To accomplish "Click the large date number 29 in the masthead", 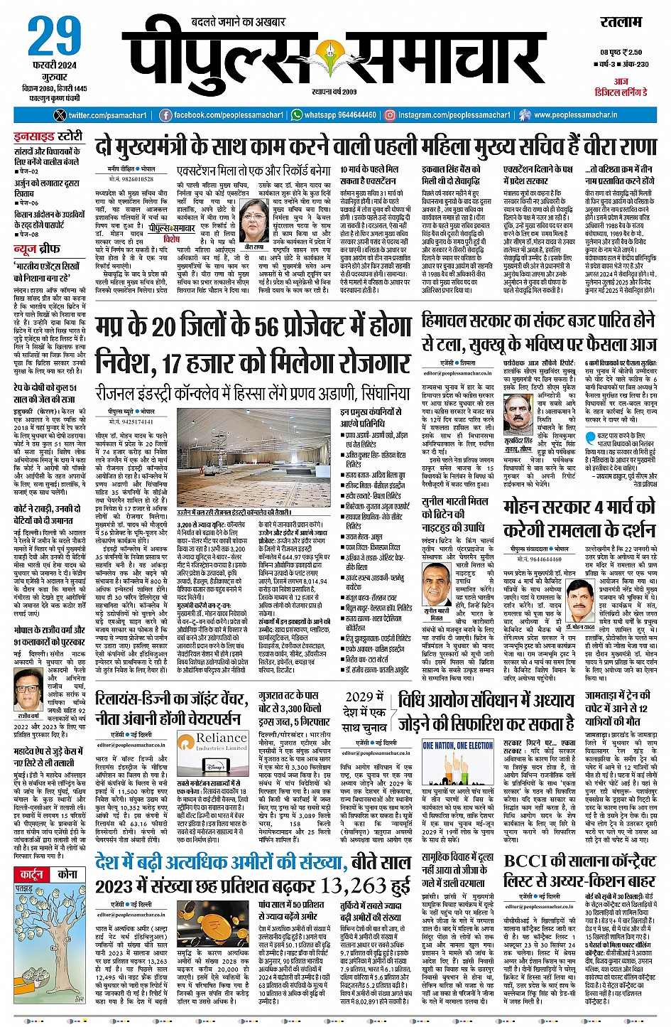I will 55,37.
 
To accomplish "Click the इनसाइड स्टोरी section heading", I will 48,136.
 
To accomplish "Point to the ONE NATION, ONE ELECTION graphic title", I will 458,746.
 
